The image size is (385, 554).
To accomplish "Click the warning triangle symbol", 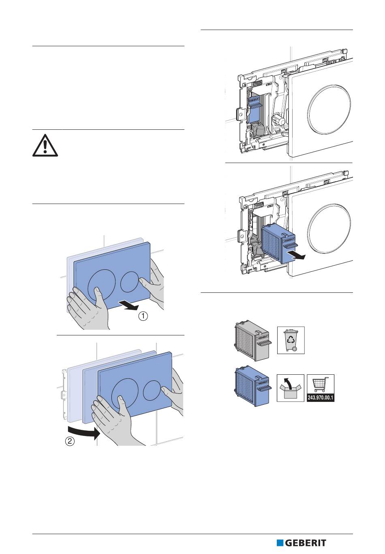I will [45, 145].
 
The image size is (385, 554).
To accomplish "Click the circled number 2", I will [70, 442].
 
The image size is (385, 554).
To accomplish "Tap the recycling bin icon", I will [291, 340].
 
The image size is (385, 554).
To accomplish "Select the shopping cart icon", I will [321, 384].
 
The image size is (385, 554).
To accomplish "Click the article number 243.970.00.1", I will [321, 397].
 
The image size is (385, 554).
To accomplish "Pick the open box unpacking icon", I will [290, 388].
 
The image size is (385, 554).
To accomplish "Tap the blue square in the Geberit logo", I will [280, 543].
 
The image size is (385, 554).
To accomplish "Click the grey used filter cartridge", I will [252, 340].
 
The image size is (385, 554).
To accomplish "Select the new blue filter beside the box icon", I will [252, 386].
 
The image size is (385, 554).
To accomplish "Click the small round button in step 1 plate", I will [130, 281].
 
